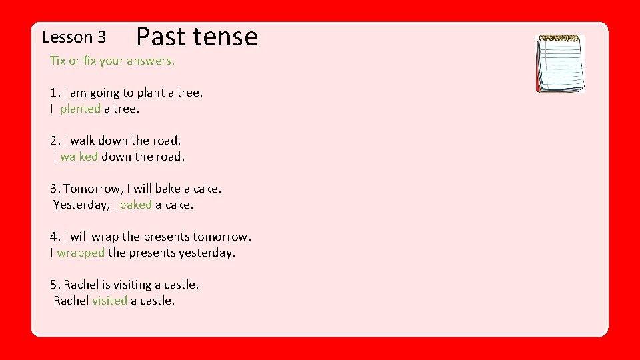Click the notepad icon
point(561,63)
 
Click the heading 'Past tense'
point(197,36)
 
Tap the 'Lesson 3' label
point(73,37)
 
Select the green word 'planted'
point(80,109)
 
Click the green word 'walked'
point(79,157)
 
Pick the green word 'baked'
point(136,205)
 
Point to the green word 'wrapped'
point(81,253)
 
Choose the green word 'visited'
point(109,301)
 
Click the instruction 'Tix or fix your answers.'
point(112,61)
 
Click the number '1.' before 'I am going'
point(55,93)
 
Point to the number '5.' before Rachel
point(55,285)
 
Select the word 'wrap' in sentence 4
point(105,237)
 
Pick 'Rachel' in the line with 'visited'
point(71,301)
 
